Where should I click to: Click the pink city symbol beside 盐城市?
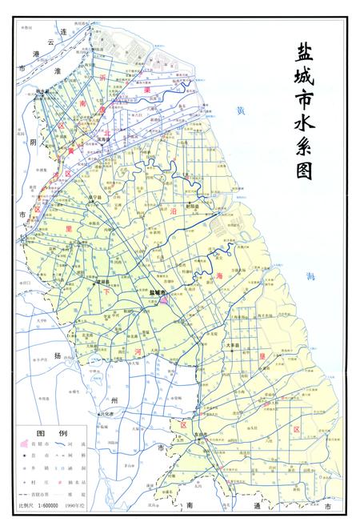click(163, 300)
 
